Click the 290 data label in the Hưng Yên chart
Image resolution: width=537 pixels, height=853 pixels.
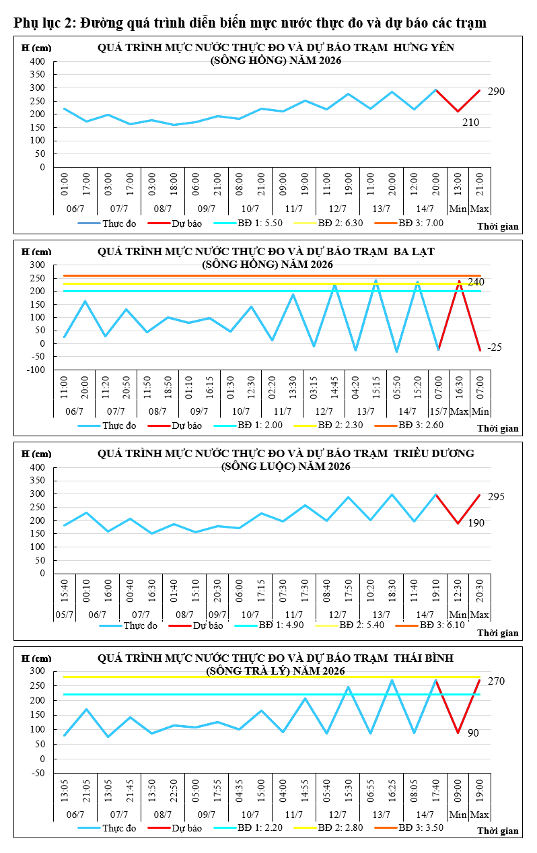point(496,92)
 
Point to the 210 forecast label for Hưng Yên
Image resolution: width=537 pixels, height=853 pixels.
point(470,123)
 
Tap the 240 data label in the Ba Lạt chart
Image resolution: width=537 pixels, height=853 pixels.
point(476,282)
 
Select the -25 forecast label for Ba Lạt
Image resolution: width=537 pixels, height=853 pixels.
point(495,347)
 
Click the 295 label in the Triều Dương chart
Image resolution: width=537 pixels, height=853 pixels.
point(496,497)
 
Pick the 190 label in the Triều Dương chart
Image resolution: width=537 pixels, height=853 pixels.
point(476,523)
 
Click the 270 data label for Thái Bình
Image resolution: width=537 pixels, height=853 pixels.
point(496,681)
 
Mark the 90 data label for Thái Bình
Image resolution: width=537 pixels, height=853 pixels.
point(473,733)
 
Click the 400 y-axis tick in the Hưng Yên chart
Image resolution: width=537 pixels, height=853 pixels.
point(37,61)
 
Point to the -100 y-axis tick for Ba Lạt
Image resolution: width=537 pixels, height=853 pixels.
point(36,370)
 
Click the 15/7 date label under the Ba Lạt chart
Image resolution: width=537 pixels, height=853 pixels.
point(439,411)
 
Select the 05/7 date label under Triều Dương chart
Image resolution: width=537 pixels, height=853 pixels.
point(65,615)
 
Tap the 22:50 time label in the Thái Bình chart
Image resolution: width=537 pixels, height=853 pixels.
point(174,791)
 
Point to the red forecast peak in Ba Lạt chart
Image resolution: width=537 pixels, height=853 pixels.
point(460,281)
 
